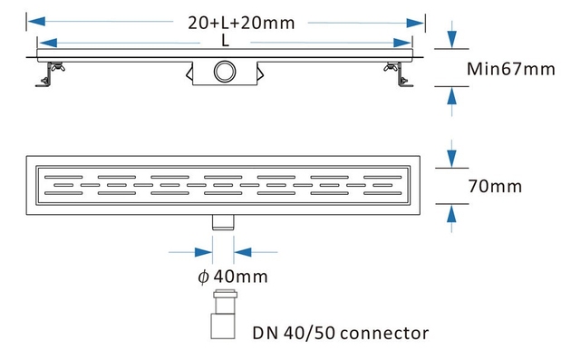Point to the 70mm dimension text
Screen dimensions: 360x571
tap(496, 186)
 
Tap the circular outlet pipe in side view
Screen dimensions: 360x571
tap(224, 71)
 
